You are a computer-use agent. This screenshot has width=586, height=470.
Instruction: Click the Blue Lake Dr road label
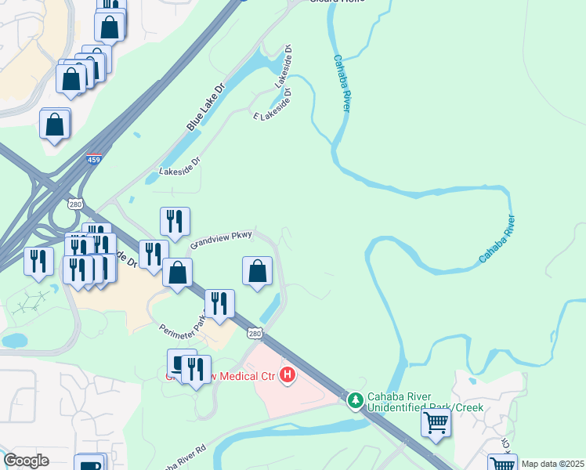205,108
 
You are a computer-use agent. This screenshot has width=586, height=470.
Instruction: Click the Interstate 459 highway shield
94,159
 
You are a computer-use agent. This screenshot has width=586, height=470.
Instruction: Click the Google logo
26,461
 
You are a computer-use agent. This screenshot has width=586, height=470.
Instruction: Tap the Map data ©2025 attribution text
552,464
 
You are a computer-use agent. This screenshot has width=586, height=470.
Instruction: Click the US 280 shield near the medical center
255,334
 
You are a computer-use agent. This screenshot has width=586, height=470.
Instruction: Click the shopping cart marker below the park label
436,424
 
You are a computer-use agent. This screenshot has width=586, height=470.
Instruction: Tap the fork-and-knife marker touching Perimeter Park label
219,304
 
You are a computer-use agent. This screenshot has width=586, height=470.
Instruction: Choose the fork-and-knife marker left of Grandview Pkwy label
175,221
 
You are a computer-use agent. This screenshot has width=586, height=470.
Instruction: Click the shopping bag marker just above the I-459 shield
54,125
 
